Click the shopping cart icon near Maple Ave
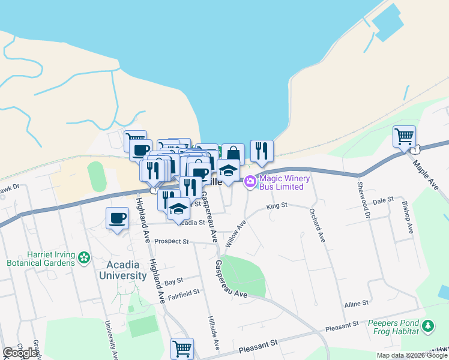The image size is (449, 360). point(404,135)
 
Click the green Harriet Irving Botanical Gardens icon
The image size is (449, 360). point(85,258)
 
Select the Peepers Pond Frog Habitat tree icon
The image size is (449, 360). point(427,326)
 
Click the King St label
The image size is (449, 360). point(277,205)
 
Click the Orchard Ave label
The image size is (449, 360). point(317,225)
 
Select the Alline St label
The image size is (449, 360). point(356,304)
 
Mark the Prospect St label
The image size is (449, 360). point(171,242)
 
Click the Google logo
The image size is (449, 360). point(20,353)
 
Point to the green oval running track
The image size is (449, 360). point(95,176)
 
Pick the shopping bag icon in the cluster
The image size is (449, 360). point(233,154)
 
